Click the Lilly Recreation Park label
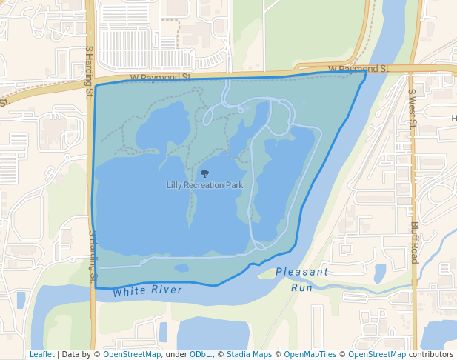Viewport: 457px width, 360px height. click(204, 185)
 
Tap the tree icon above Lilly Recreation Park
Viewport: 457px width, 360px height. click(205, 173)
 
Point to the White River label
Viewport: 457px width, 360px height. click(147, 290)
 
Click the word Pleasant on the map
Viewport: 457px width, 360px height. click(301, 272)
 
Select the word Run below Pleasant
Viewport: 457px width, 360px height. click(301, 287)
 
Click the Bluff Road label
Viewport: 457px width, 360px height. click(414, 242)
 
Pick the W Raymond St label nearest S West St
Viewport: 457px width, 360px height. click(358, 69)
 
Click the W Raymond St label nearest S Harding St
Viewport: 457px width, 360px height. click(160, 77)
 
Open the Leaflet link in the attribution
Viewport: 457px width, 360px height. click(41, 355)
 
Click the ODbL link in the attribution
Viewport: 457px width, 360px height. click(201, 355)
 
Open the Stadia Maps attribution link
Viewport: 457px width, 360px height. click(249, 355)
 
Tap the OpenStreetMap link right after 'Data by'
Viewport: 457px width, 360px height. click(132, 355)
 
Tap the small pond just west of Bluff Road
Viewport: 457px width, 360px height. click(380, 273)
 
